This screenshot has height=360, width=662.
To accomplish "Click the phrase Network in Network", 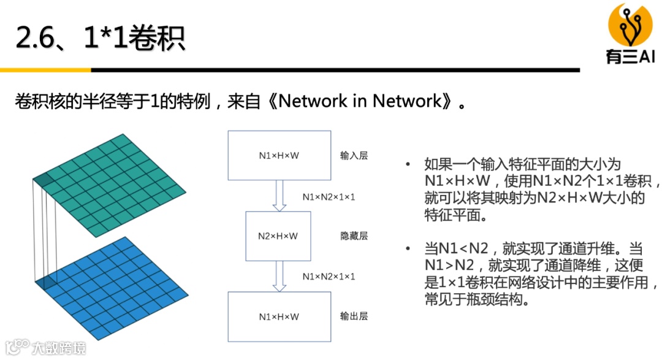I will tap(360, 101).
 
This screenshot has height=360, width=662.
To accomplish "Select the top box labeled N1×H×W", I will tap(279, 155).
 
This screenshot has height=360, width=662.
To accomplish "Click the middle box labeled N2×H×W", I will tap(278, 236).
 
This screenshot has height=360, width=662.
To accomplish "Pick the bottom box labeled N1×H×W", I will tap(279, 316).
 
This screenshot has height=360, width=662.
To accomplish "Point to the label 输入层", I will tap(354, 156).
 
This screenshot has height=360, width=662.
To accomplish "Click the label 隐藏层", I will tap(354, 236).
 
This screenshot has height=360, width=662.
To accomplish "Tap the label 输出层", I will tap(354, 316).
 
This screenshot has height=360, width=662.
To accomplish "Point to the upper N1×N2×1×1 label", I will tap(329, 197).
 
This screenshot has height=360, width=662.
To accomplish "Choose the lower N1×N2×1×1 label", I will tap(329, 277).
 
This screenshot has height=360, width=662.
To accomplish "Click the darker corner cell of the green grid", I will tap(42, 180).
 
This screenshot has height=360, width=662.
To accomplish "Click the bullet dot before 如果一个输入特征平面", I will tap(408, 164).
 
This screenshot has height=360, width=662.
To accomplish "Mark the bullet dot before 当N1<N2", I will tap(408, 249).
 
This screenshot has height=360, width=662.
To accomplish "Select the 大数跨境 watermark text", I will tap(59, 348).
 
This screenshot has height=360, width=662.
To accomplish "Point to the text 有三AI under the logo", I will tap(630, 56).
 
